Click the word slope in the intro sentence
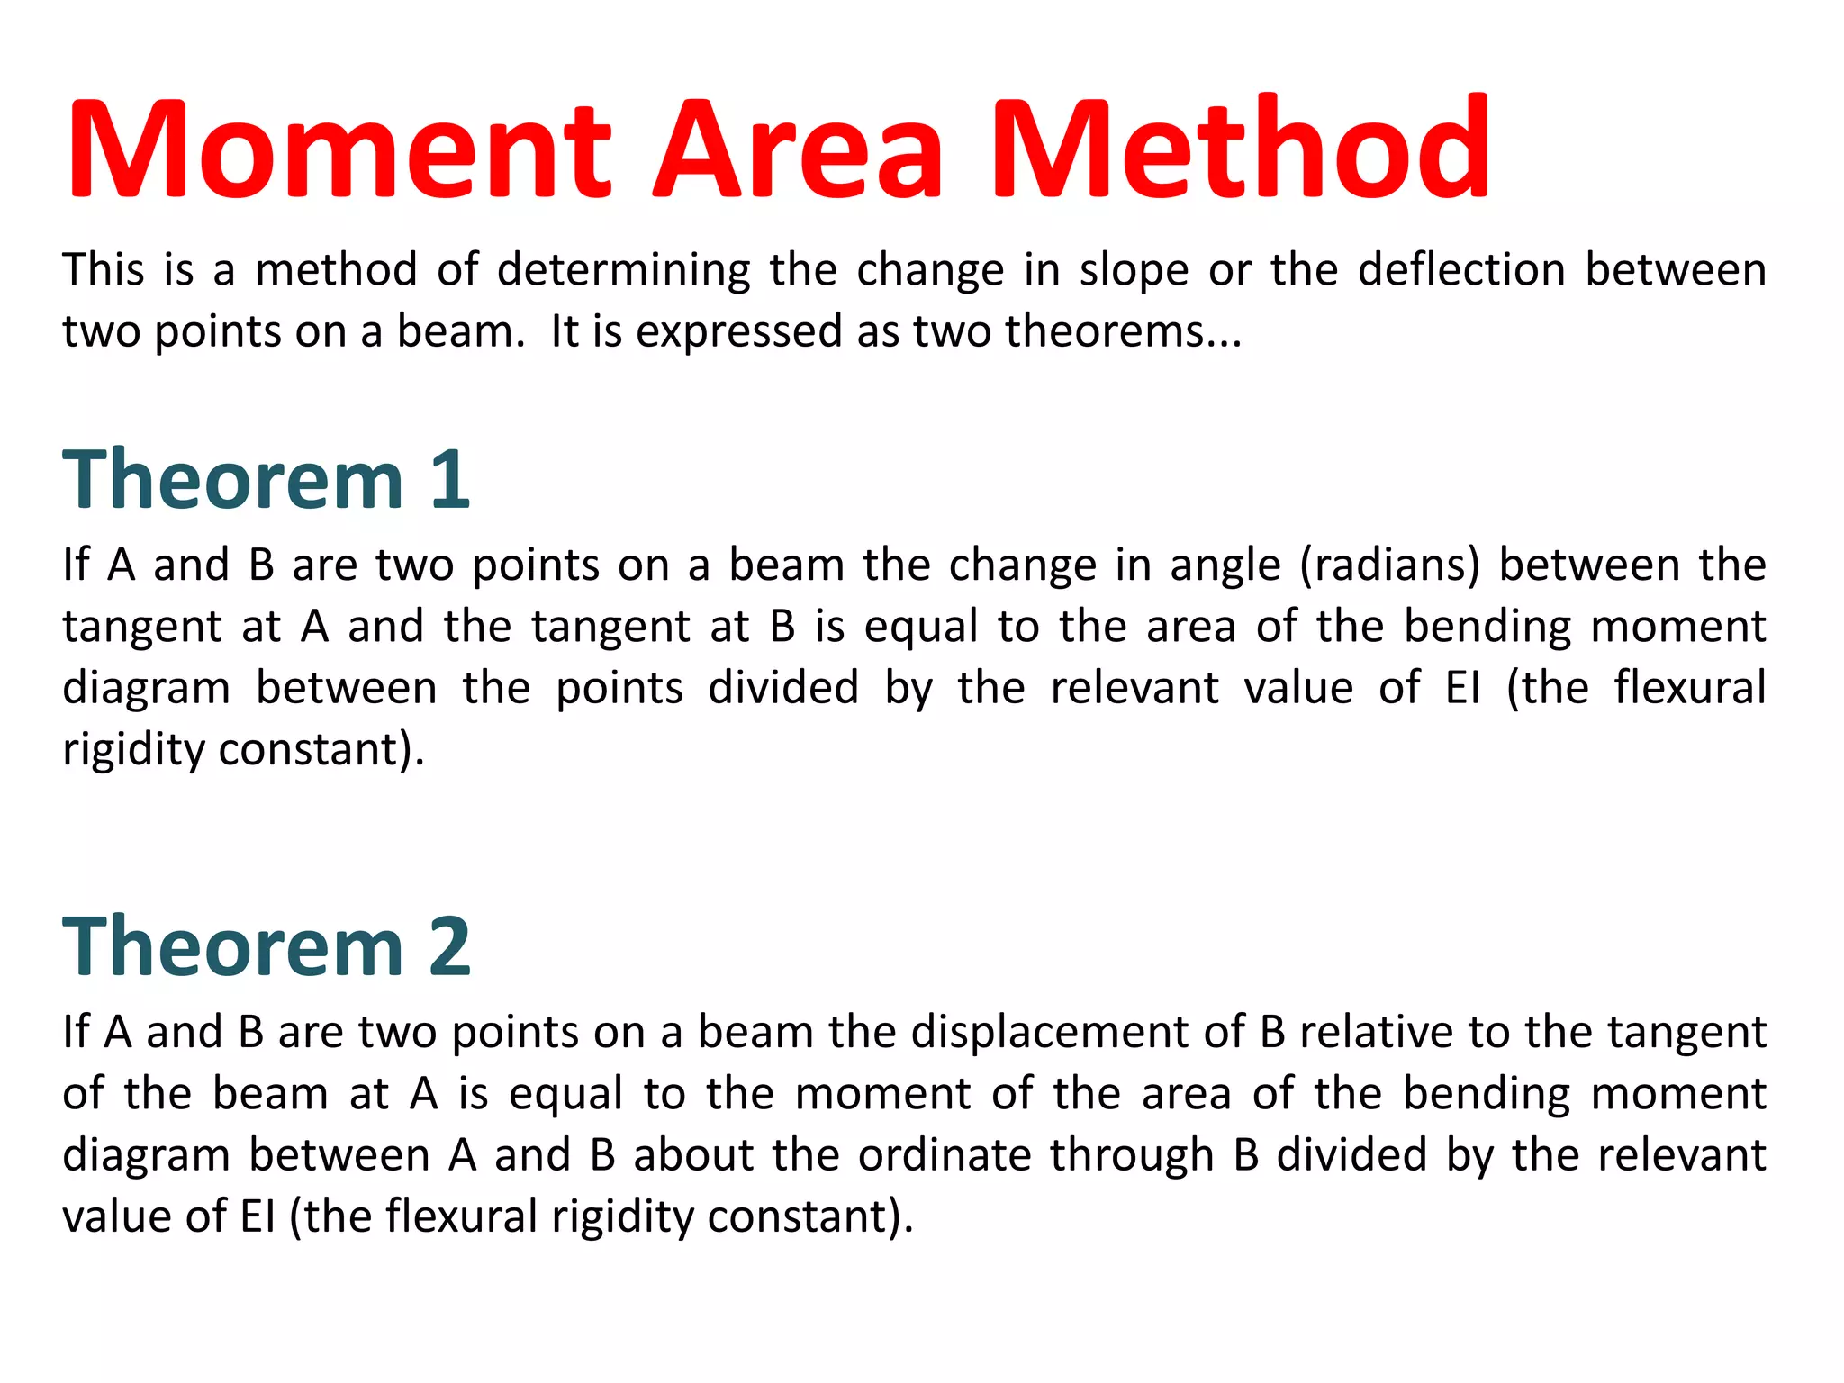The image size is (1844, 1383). [x=1134, y=270]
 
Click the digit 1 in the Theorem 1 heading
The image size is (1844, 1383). [x=450, y=480]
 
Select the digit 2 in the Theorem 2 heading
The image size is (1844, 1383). [x=450, y=946]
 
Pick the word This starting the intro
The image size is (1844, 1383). [x=103, y=270]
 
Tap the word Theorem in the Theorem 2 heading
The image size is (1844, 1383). [x=232, y=946]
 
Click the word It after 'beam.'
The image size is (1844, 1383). [x=564, y=330]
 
